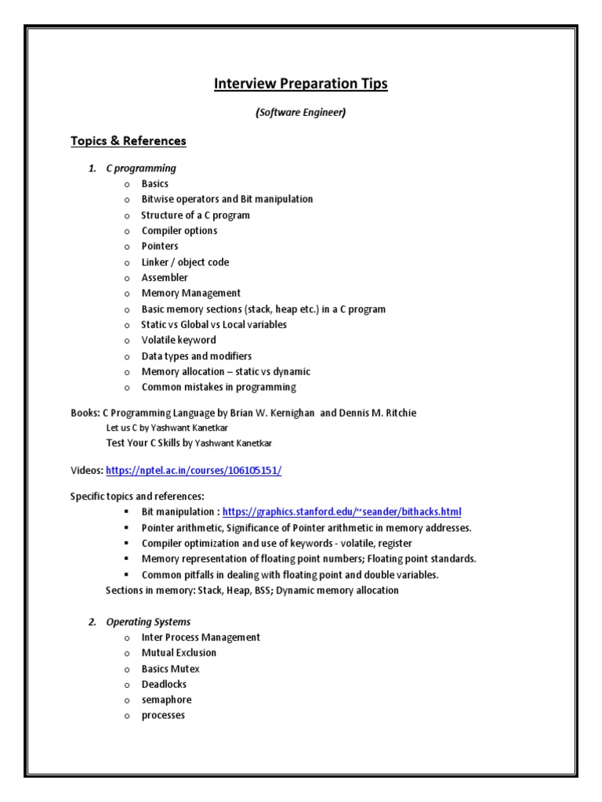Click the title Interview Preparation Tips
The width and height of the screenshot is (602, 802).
(301, 84)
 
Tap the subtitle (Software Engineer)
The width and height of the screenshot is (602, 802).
(301, 113)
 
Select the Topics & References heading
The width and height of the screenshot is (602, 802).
(129, 141)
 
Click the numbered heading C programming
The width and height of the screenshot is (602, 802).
(141, 168)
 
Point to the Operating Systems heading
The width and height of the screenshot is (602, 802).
(148, 622)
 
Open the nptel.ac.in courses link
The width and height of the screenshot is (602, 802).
(193, 470)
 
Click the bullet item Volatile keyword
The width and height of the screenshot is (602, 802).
(179, 341)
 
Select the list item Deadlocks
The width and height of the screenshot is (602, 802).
(164, 685)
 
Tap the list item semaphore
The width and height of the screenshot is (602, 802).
(166, 700)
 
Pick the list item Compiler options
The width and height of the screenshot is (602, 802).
(180, 231)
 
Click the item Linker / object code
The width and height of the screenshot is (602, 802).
(185, 262)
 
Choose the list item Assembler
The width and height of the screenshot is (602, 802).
(165, 278)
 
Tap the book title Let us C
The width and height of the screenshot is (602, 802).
(125, 428)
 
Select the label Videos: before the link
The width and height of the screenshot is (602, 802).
(87, 470)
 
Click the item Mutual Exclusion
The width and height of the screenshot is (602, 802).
(179, 653)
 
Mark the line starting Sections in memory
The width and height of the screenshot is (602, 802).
(252, 591)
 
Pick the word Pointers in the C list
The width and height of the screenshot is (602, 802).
(160, 247)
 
